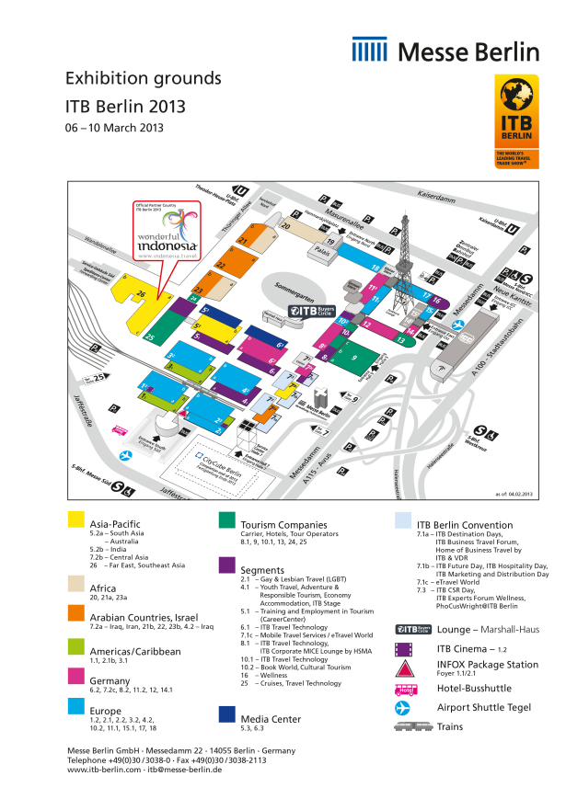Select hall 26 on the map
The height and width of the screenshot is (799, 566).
click(x=140, y=295)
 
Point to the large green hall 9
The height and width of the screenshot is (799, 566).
click(x=354, y=357)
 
